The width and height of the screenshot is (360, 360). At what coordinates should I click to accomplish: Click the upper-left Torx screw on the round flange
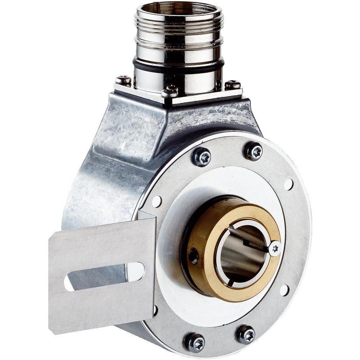(202, 157)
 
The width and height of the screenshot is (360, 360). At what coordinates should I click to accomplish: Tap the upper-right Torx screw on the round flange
(254, 151)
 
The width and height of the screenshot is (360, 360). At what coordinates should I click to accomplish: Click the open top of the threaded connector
(178, 10)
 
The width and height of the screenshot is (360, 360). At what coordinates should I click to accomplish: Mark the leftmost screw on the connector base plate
(123, 81)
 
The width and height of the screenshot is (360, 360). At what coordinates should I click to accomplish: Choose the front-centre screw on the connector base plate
(170, 92)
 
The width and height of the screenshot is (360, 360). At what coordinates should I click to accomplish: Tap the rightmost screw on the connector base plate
(232, 85)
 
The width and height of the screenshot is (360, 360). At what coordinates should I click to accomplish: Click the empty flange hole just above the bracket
(157, 201)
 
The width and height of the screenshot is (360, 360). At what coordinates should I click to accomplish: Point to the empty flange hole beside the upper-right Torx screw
(288, 185)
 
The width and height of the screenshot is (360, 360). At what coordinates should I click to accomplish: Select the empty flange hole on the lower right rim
(284, 290)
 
